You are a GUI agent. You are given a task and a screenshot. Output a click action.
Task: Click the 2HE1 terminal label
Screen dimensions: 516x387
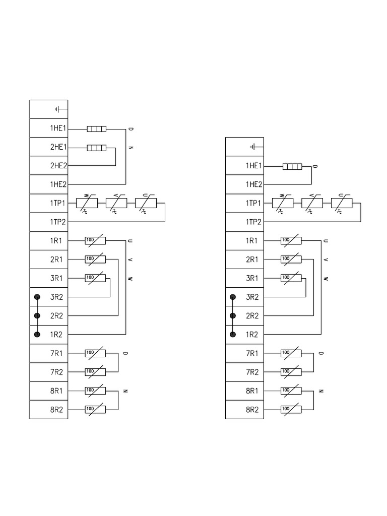[58, 147]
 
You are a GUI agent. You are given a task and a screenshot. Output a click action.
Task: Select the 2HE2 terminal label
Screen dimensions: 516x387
[58, 166]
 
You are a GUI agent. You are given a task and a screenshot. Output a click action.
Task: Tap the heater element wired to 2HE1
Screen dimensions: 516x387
[97, 148]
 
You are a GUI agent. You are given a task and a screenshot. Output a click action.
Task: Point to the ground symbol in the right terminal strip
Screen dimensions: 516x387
[256, 147]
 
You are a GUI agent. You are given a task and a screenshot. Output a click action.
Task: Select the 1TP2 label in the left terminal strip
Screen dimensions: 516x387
[58, 222]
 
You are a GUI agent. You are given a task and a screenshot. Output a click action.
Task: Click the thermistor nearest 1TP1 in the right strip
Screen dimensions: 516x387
[282, 204]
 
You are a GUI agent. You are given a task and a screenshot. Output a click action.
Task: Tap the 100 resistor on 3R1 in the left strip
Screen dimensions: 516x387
[95, 278]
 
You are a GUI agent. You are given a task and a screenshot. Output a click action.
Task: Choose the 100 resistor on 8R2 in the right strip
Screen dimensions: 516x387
[291, 409]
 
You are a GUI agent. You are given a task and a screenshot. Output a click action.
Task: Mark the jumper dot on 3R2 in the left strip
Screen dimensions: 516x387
[37, 297]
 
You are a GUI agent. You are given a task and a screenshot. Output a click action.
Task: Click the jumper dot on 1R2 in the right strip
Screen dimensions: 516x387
[232, 335]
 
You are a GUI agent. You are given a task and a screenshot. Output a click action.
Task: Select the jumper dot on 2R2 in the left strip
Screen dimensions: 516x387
[37, 316]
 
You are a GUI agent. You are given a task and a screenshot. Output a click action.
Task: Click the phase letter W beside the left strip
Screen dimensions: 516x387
[130, 278]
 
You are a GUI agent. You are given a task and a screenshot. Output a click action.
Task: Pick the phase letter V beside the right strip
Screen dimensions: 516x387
[326, 260]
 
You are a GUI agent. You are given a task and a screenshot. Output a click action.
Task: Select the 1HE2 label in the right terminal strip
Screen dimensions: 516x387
[253, 185]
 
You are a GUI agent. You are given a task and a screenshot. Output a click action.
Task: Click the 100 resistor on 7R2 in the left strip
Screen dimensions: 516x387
[95, 372]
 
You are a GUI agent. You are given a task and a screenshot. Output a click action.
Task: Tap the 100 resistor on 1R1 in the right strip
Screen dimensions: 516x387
[291, 241]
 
